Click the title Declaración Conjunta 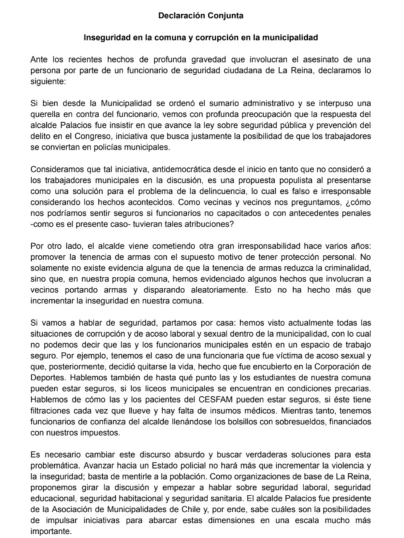(x=201, y=16)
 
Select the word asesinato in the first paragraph (x=312, y=59)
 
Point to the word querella (x=46, y=114)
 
